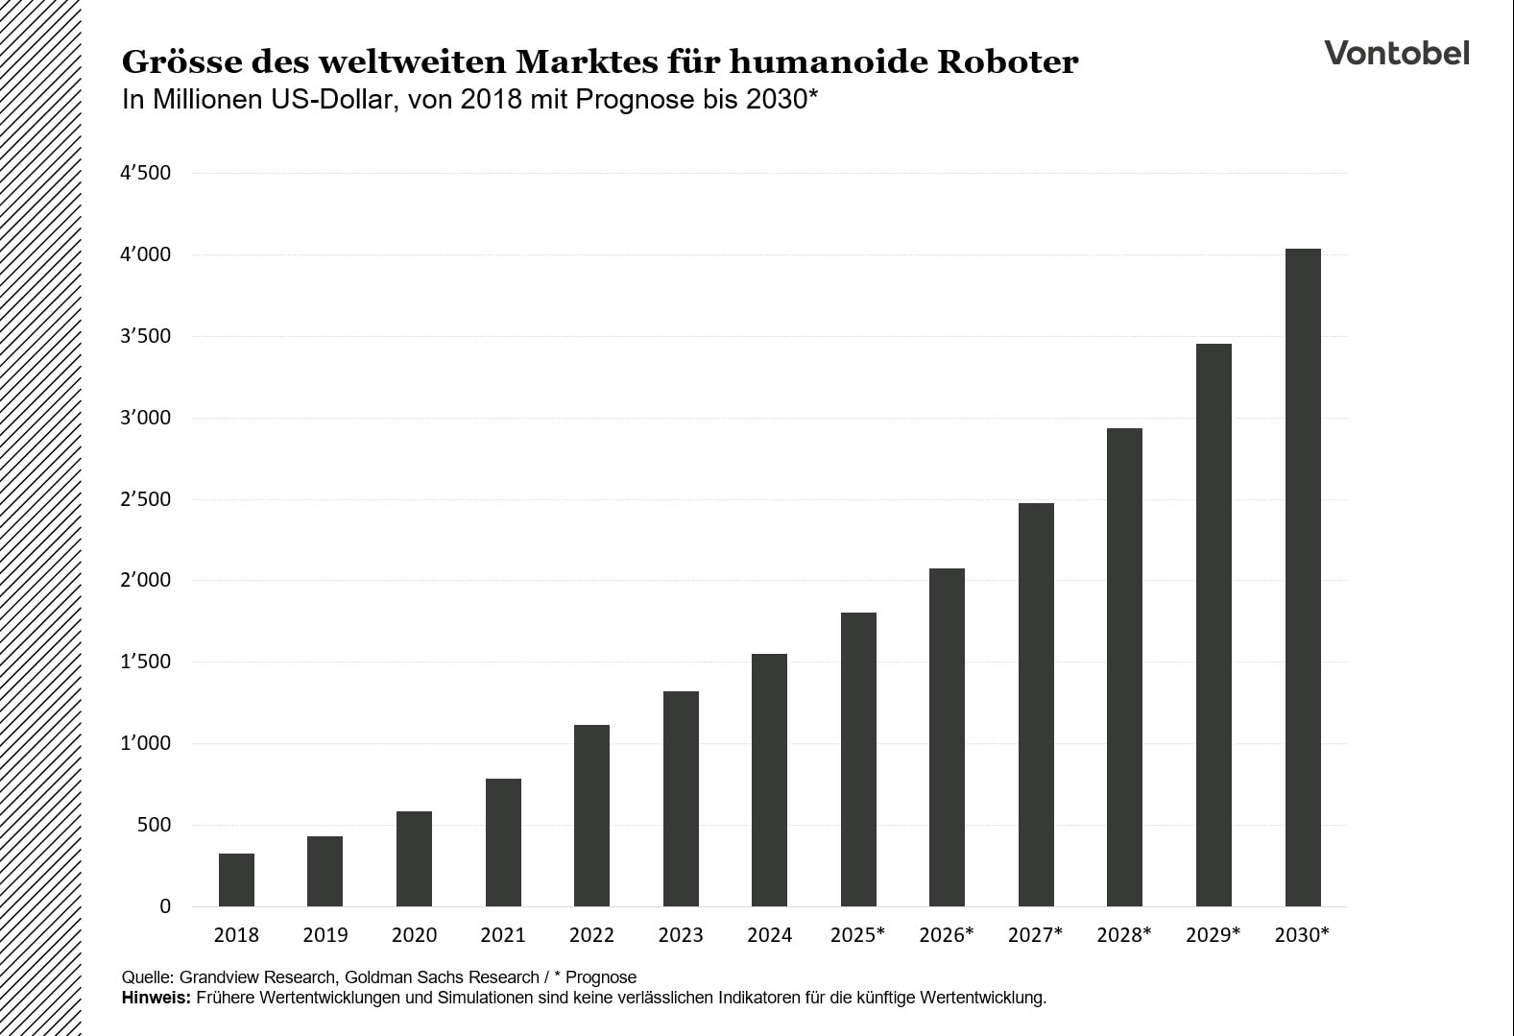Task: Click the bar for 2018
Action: click(x=236, y=879)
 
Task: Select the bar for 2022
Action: click(x=591, y=815)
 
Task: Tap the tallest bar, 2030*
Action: click(x=1303, y=577)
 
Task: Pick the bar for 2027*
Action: click(x=1036, y=704)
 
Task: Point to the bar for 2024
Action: click(x=769, y=780)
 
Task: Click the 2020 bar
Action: click(x=414, y=858)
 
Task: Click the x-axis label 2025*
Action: click(x=857, y=935)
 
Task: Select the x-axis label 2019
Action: click(x=324, y=935)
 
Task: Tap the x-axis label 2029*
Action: click(x=1213, y=935)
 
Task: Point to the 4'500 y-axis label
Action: click(x=146, y=174)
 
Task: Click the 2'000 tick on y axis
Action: click(x=146, y=581)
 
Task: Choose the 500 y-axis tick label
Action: click(x=154, y=826)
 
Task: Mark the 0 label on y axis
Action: click(x=165, y=906)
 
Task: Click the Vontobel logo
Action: click(x=1396, y=53)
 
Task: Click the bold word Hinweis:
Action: click(x=156, y=998)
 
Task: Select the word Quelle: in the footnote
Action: click(x=148, y=977)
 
